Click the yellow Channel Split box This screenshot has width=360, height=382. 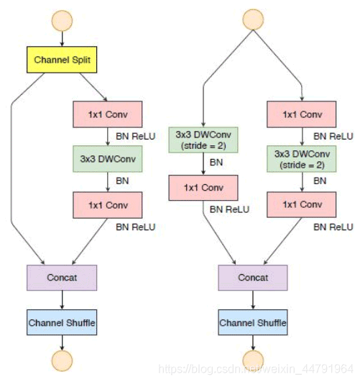(62, 60)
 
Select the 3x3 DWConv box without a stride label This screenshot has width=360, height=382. (108, 159)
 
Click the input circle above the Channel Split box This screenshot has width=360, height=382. (62, 21)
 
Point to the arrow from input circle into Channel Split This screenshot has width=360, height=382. (62, 39)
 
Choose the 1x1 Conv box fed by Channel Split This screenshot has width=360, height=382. (108, 114)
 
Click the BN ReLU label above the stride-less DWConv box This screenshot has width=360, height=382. (136, 136)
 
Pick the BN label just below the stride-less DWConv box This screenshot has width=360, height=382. (122, 181)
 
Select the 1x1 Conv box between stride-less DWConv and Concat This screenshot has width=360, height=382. (108, 205)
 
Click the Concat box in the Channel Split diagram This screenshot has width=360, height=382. (62, 278)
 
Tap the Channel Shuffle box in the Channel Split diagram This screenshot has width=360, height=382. (62, 322)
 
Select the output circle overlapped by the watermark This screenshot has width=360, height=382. (253, 360)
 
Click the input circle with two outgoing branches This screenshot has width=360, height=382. (253, 19)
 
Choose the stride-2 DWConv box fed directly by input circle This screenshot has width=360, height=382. (203, 140)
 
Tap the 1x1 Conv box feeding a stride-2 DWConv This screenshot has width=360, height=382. (302, 114)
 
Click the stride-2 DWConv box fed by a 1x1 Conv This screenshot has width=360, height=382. (302, 159)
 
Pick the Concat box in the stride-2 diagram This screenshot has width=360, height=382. (253, 278)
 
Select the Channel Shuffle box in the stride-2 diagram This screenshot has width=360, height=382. (253, 322)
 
